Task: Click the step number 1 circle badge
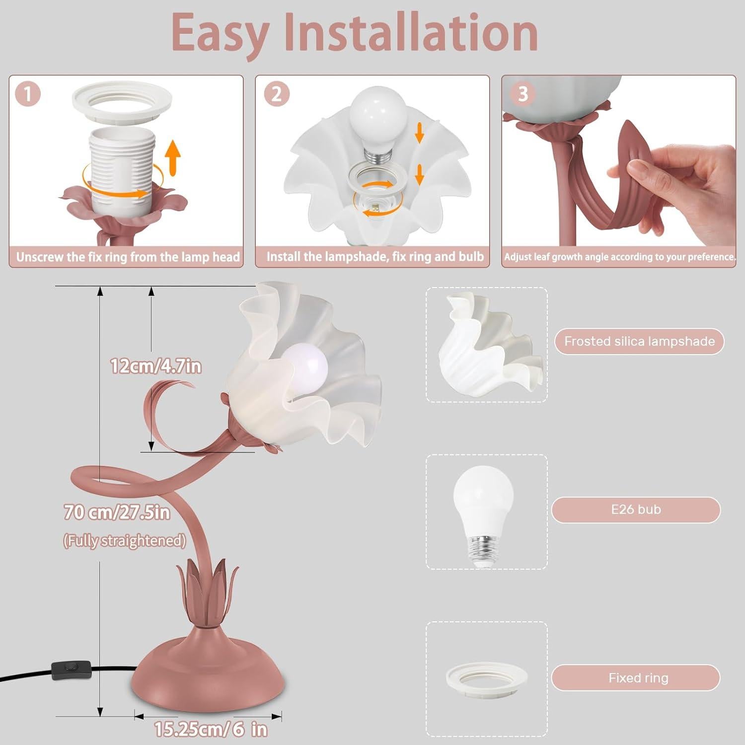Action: point(28,93)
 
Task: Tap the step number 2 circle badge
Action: point(276,93)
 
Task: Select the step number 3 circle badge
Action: point(522,93)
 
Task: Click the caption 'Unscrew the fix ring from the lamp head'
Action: point(128,257)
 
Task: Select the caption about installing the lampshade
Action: point(374,256)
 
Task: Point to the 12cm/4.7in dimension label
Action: point(155,367)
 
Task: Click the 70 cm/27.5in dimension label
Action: point(117,512)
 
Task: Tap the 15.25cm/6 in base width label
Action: point(210,729)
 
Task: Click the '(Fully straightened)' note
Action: point(124,540)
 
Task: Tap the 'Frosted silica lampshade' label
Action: point(639,341)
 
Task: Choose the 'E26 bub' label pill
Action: point(636,510)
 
